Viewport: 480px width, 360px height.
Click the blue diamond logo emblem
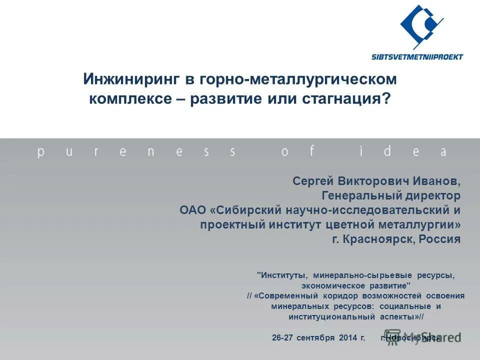click(x=421, y=27)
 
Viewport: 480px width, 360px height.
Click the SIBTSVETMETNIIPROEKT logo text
click(x=417, y=56)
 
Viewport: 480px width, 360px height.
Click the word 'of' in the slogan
click(x=298, y=151)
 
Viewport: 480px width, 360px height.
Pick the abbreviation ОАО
click(x=193, y=210)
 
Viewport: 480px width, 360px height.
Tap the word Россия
click(x=439, y=239)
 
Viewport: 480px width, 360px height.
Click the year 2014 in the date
click(x=347, y=337)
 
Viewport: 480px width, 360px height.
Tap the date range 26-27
click(x=282, y=337)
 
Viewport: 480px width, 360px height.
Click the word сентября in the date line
click(x=315, y=337)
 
